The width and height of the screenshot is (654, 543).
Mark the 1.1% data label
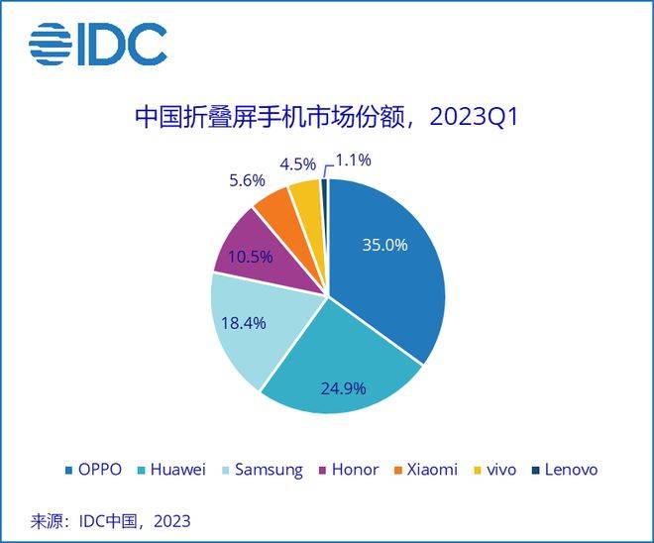[354, 158]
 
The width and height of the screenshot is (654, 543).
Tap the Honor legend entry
[347, 470]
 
